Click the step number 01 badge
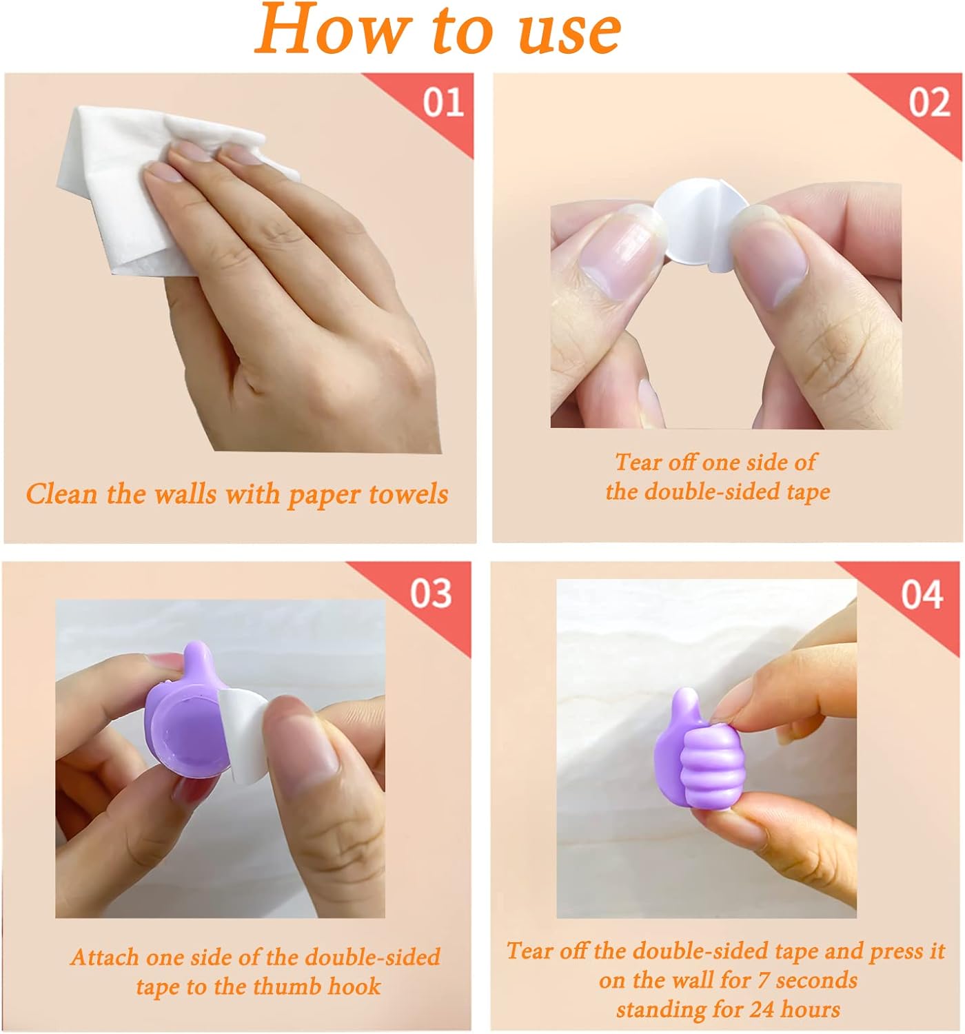pyautogui.click(x=443, y=103)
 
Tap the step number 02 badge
pyautogui.click(x=928, y=103)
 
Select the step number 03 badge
pyautogui.click(x=431, y=593)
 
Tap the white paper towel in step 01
pyautogui.click(x=110, y=200)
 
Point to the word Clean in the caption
pyautogui.click(x=62, y=494)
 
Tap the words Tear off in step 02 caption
pyautogui.click(x=655, y=462)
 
